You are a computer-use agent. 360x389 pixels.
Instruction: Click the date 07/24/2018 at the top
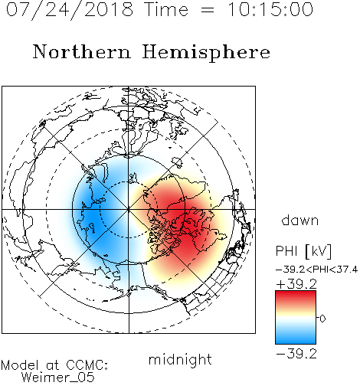70,10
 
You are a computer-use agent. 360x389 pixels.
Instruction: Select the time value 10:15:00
270,9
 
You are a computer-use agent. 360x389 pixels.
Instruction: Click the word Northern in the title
82,51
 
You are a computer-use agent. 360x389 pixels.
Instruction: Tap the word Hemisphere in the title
206,53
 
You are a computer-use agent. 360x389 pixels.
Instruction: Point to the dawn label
300,220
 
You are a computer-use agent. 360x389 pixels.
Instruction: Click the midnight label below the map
180,359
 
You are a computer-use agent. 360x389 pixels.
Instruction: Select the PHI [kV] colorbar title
303,251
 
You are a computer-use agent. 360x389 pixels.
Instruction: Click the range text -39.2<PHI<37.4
316,270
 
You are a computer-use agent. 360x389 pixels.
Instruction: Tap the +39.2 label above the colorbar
296,284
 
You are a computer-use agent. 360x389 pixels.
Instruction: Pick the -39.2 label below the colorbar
296,354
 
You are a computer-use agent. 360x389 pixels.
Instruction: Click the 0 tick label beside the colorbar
322,319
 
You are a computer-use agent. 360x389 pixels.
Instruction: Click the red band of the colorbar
296,297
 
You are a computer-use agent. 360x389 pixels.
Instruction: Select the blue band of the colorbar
296,337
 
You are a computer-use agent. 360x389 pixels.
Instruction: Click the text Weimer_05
57,378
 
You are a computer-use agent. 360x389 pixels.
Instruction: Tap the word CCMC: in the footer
87,365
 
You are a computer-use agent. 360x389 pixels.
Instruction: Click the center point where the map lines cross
129,209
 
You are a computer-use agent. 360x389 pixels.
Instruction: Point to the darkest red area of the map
189,224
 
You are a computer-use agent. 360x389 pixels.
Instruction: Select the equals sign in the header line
207,10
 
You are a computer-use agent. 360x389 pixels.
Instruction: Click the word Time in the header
166,10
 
